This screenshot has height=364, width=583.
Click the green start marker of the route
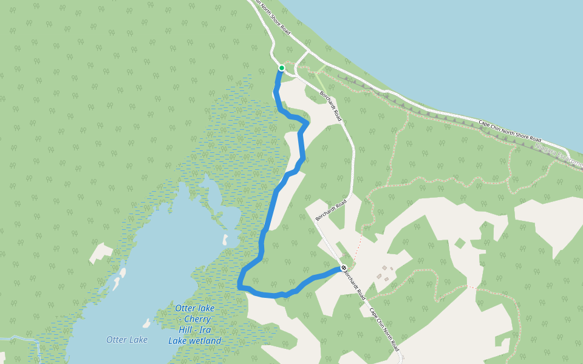[x=281, y=68]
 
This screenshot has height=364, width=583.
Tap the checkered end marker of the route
[x=344, y=268]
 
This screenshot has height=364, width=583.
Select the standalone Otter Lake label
[x=126, y=340]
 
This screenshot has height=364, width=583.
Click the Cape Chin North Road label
[x=385, y=328]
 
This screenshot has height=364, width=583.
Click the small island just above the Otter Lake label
[x=146, y=322]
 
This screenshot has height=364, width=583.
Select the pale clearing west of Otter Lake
[x=101, y=253]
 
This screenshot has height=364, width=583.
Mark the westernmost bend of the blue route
[x=240, y=284]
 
